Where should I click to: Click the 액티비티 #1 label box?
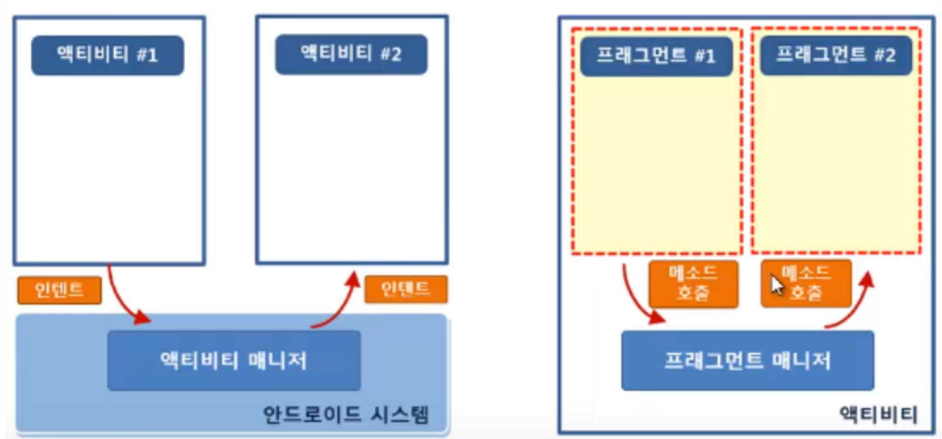(108, 55)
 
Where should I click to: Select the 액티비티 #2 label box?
(351, 54)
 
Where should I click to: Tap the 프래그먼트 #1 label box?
(656, 56)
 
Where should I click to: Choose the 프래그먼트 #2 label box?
(836, 55)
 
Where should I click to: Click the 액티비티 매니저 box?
(234, 360)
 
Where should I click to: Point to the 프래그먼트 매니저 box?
(747, 360)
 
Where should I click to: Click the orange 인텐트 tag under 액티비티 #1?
(59, 290)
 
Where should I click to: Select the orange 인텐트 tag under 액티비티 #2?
(406, 289)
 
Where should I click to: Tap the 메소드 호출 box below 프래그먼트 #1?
(693, 284)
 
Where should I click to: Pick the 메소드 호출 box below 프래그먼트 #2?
(806, 284)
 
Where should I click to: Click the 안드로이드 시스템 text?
(345, 414)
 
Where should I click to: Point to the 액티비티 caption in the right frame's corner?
(878, 414)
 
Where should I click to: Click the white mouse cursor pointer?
(776, 285)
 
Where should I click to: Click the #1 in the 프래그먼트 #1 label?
(705, 56)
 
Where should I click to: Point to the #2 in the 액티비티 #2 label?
(391, 54)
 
